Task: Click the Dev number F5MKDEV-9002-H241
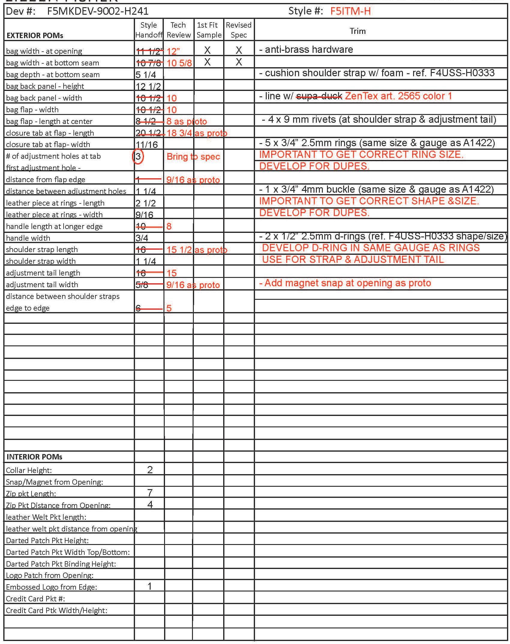(98, 11)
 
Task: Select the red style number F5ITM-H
(350, 11)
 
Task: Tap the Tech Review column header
(178, 30)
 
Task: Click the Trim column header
(358, 31)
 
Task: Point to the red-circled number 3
(138, 156)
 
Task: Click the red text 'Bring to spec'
(193, 157)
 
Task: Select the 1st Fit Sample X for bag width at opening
(207, 50)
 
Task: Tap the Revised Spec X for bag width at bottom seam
(239, 62)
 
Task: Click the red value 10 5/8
(179, 63)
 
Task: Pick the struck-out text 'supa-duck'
(319, 96)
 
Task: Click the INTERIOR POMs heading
(34, 457)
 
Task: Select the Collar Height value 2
(150, 470)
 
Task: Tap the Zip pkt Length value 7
(150, 492)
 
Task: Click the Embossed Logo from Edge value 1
(150, 586)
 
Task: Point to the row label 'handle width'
(28, 238)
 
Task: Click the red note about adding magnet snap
(345, 283)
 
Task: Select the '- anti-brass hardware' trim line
(306, 50)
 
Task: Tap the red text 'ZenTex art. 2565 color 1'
(398, 96)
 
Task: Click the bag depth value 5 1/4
(146, 75)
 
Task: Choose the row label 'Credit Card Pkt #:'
(35, 599)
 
